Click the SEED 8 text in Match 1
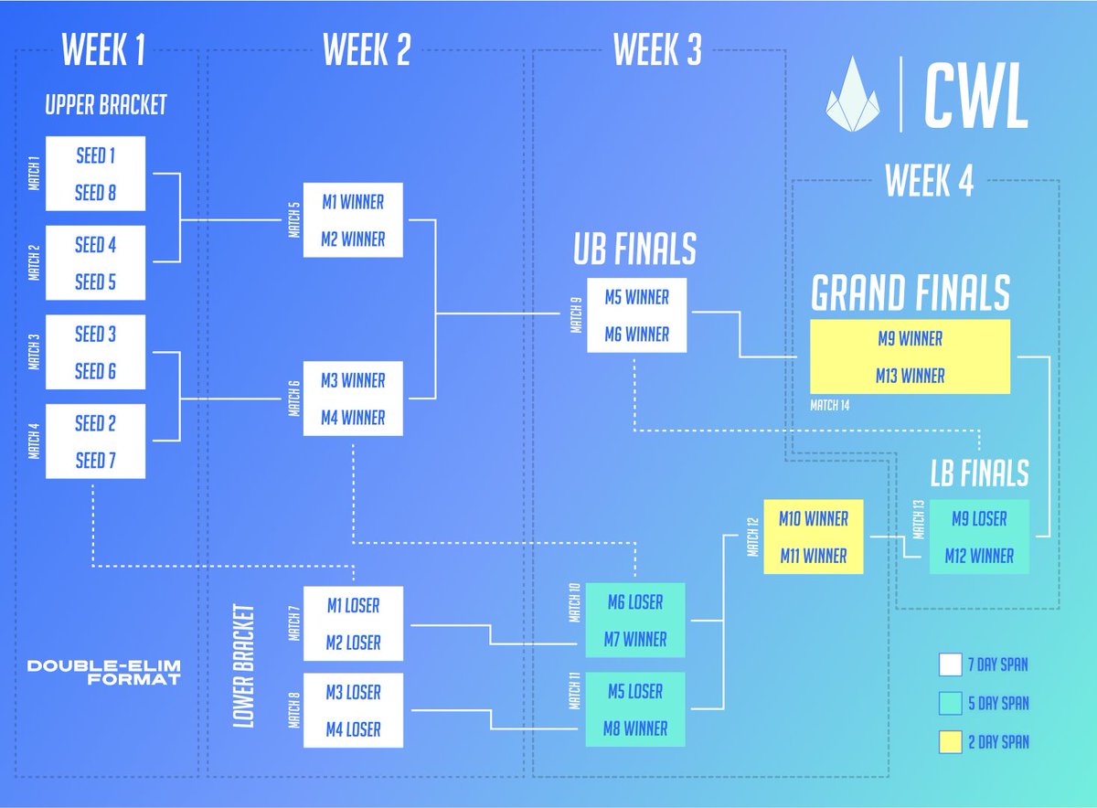pos(95,193)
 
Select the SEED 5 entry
pos(95,282)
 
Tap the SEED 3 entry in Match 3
pos(95,334)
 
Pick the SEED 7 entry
pos(95,460)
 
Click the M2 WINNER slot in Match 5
pos(353,239)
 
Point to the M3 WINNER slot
pos(353,380)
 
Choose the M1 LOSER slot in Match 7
pos(353,605)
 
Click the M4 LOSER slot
pos(353,729)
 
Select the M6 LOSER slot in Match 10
pos(635,602)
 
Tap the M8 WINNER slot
pos(635,728)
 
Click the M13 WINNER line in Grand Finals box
pos(911,376)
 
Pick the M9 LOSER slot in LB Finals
pos(979,518)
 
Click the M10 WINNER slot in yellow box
pos(814,518)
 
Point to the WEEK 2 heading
pos(367,52)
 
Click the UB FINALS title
pos(634,249)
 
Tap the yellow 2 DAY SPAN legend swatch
pos(951,741)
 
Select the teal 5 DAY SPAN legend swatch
pos(951,703)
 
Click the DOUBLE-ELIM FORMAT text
pos(103,672)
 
